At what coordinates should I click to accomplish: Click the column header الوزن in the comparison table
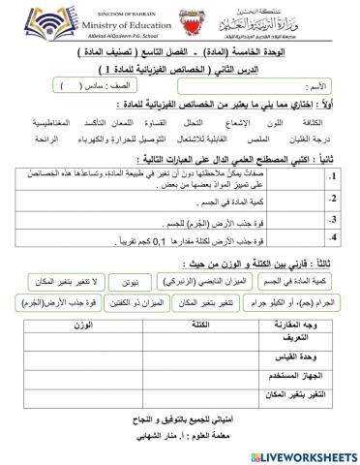click(x=83, y=350)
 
